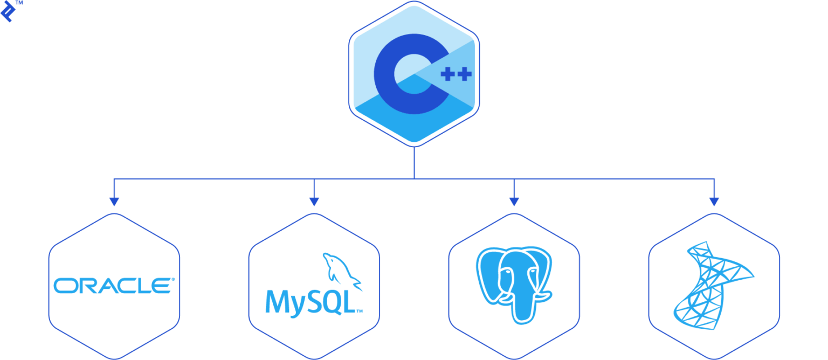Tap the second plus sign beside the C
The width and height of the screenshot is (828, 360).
pos(464,74)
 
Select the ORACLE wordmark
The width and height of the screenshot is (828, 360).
pos(114,286)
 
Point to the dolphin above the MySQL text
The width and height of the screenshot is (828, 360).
pos(341,269)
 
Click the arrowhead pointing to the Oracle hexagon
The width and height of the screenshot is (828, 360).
pos(114,202)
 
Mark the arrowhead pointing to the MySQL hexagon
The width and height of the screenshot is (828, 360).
pos(314,202)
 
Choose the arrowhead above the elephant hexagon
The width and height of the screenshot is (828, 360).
pos(514,202)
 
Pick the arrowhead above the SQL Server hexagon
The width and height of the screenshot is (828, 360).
pos(714,202)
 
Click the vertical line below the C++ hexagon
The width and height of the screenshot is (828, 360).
pos(414,162)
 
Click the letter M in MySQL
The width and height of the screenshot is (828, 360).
pos(276,302)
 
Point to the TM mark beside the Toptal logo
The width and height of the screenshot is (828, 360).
pos(19,3)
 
